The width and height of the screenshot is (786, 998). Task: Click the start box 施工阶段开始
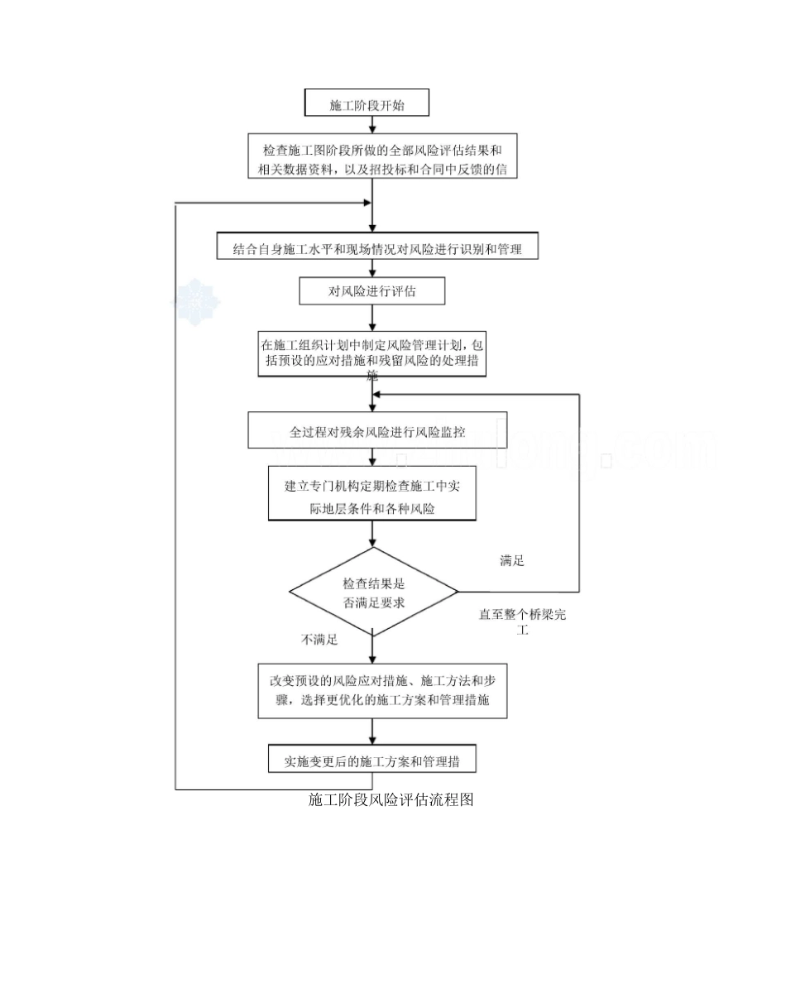[x=367, y=104]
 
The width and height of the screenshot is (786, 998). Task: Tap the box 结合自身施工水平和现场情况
[x=377, y=247]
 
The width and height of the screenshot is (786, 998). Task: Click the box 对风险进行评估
[x=372, y=291]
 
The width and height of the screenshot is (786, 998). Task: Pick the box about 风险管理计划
[x=371, y=353]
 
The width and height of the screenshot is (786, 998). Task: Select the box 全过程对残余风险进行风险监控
[x=377, y=432]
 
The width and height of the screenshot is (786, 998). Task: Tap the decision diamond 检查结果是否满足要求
[x=374, y=592]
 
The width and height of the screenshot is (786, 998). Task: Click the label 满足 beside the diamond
[x=512, y=560]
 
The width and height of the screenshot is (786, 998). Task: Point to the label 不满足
[x=319, y=640]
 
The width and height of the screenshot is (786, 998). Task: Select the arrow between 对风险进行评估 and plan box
[x=372, y=318]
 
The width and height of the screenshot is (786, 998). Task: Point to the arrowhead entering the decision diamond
[x=372, y=542]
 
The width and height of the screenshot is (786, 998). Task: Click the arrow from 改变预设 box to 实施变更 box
[x=372, y=732]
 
